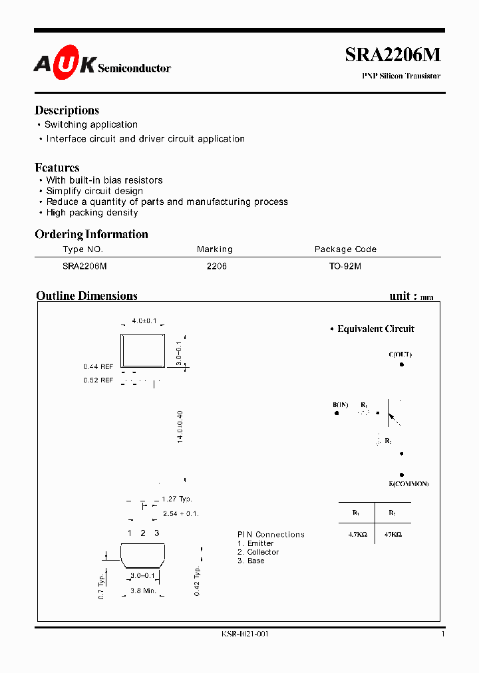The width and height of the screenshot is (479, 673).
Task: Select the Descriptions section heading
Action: tap(67, 110)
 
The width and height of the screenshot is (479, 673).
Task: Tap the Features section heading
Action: tap(57, 168)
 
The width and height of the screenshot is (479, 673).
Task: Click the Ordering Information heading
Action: tap(91, 234)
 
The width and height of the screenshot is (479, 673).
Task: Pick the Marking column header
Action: tap(214, 249)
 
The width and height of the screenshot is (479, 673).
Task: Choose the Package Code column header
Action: tap(345, 249)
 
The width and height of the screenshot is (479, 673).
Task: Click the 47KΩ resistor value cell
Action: tap(393, 534)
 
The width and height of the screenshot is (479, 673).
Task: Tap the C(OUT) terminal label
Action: tap(400, 354)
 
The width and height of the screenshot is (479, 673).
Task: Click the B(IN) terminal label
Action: tap(340, 404)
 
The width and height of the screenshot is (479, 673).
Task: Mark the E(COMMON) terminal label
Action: tap(408, 483)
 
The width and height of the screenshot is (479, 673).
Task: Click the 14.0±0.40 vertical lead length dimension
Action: tap(180, 427)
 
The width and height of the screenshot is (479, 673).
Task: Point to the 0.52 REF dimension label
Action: tap(98, 380)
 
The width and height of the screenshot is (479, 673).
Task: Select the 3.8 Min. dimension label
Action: tap(143, 591)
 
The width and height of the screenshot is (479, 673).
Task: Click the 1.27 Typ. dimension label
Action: tap(177, 499)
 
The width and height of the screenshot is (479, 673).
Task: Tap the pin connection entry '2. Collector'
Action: tap(258, 552)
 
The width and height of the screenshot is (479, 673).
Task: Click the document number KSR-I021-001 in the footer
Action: tap(245, 634)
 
